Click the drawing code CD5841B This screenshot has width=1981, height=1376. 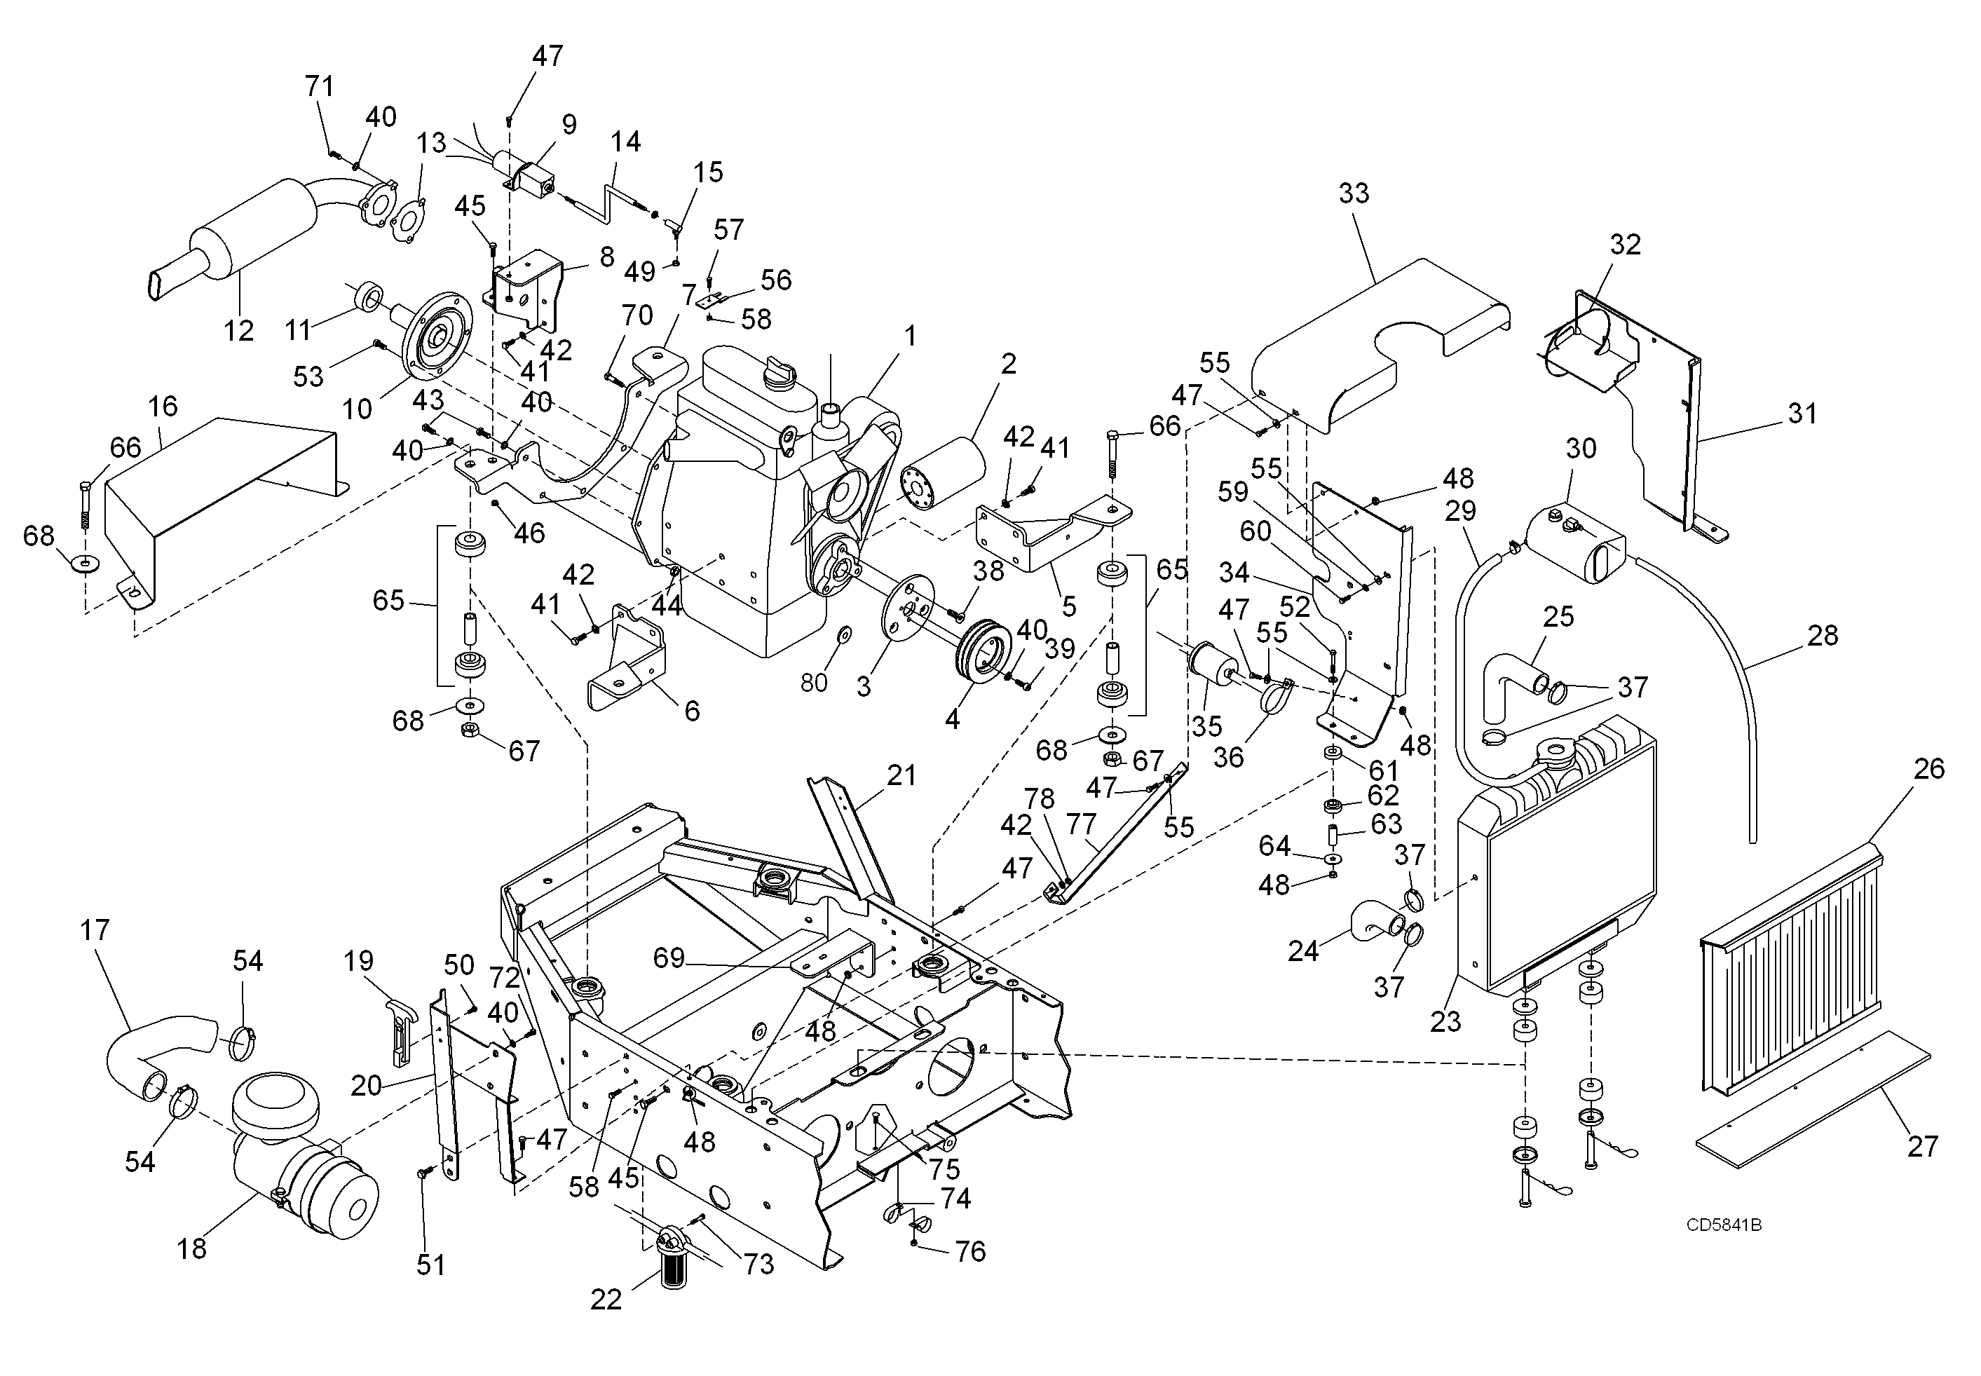click(x=1723, y=1225)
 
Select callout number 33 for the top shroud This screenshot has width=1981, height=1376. click(x=1354, y=193)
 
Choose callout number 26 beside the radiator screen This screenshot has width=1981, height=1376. click(x=1928, y=768)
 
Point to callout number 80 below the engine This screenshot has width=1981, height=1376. click(x=814, y=682)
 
